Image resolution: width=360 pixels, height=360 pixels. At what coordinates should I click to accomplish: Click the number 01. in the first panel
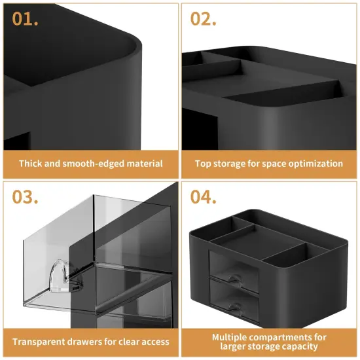pyautogui.click(x=25, y=18)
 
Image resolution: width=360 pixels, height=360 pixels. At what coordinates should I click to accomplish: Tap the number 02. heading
pyautogui.click(x=204, y=18)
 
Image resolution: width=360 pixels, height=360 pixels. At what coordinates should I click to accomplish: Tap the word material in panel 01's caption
pyautogui.click(x=143, y=164)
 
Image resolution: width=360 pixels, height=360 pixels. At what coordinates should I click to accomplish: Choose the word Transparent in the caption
pyautogui.click(x=42, y=342)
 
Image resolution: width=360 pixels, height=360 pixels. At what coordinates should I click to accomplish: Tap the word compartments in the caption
pyautogui.click(x=285, y=337)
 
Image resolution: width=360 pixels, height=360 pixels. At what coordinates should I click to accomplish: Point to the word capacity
pyautogui.click(x=299, y=347)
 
